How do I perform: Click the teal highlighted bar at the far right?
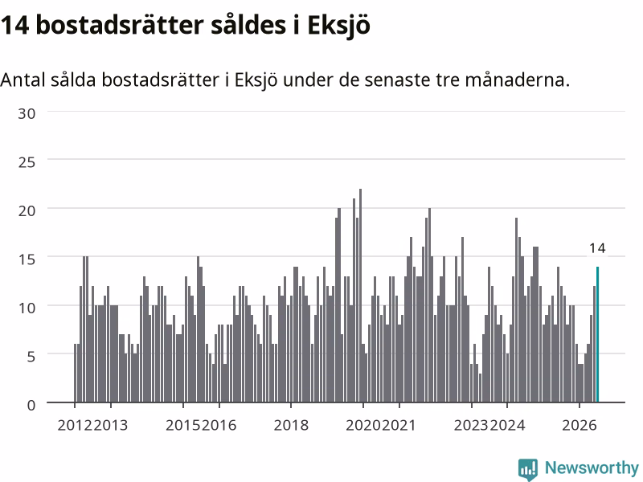tap(597, 334)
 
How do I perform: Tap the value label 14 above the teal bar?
tap(597, 248)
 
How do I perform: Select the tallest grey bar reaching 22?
tap(360, 296)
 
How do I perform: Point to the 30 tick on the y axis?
tap(27, 113)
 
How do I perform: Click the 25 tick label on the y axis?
tap(27, 162)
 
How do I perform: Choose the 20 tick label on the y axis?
tap(27, 211)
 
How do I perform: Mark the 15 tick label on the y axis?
tap(27, 259)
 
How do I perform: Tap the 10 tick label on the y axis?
tap(27, 308)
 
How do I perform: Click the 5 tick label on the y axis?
tap(31, 357)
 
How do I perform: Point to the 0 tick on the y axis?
tap(31, 406)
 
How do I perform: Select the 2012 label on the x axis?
tap(75, 425)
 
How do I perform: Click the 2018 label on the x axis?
tap(291, 425)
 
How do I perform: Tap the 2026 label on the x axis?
tap(579, 425)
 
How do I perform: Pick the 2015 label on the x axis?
tap(183, 425)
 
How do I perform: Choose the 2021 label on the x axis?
tap(399, 425)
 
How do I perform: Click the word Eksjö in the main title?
tap(338, 26)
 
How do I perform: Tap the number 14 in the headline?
tap(14, 26)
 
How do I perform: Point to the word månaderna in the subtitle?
tap(517, 80)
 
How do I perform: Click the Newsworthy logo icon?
tap(528, 469)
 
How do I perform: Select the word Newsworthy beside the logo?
tap(592, 468)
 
